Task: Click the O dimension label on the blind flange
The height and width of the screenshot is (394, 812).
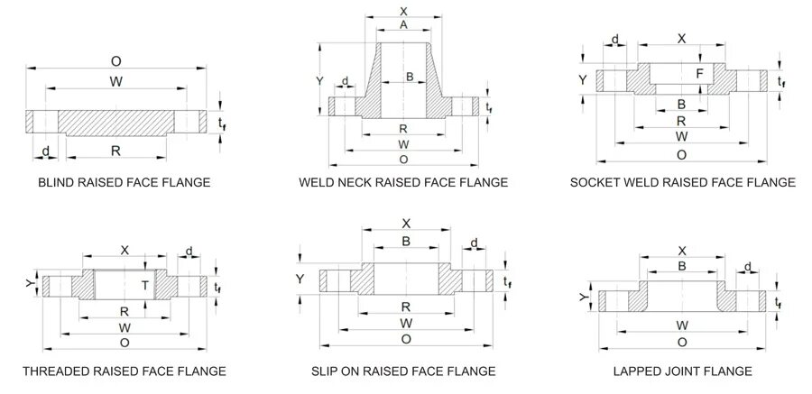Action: click(x=115, y=61)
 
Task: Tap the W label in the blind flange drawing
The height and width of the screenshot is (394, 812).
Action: click(x=116, y=82)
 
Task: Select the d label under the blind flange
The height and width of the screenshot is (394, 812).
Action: click(x=44, y=150)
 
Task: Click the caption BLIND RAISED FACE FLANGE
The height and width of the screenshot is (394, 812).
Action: click(x=124, y=183)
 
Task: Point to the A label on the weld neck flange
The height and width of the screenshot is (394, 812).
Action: click(x=403, y=25)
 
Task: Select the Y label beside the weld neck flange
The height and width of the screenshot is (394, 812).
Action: click(x=319, y=81)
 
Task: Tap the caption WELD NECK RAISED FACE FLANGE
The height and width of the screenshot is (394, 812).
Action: click(x=403, y=183)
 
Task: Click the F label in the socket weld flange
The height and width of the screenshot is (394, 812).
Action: click(x=699, y=73)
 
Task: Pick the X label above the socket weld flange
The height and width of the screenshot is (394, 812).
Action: click(x=681, y=38)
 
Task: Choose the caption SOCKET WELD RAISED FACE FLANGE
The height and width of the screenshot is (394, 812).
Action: click(x=682, y=183)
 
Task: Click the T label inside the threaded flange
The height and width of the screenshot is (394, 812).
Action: click(x=143, y=285)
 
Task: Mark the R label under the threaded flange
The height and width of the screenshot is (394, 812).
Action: click(x=125, y=311)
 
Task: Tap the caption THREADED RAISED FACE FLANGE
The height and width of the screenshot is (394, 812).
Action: click(x=124, y=371)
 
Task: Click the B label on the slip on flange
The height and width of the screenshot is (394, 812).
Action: click(x=406, y=242)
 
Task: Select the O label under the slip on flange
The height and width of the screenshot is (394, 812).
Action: click(x=406, y=338)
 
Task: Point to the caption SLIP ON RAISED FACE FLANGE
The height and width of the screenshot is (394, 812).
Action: click(x=403, y=371)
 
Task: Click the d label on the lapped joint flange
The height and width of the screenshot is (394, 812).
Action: click(x=748, y=266)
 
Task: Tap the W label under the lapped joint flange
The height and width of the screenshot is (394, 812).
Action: click(x=682, y=325)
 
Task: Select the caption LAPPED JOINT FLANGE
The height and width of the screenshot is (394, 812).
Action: click(x=682, y=371)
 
